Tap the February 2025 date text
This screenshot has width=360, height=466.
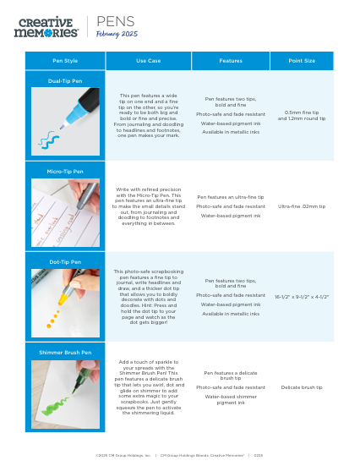117,34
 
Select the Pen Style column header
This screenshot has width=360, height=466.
65,61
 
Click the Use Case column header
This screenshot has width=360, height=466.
148,61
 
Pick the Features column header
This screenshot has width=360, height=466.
231,61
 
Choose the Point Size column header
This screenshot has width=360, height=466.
302,61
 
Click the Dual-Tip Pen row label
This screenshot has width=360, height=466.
65,80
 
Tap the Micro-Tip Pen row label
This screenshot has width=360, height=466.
65,171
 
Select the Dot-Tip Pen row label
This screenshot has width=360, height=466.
65,262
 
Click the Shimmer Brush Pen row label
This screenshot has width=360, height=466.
65,352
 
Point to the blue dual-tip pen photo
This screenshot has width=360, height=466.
65,121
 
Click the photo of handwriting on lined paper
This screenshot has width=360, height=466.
65,211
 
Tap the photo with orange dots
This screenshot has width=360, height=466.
65,302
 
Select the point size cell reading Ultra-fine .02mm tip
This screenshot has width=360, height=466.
302,206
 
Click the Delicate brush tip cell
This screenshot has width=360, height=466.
302,387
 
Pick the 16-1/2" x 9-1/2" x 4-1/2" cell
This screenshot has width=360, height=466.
302,297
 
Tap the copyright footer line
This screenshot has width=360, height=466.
179,454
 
